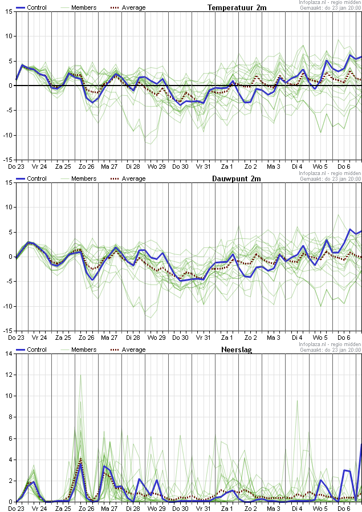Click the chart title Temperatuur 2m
coord(237,7)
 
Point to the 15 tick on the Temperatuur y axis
coord(8,13)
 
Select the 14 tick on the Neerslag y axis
coord(8,354)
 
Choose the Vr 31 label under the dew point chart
coord(204,337)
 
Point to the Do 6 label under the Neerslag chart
coord(344,507)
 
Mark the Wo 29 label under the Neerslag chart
coord(157,507)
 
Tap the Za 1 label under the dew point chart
coord(227,337)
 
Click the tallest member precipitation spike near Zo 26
coord(80,376)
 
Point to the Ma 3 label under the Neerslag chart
coord(274,507)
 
